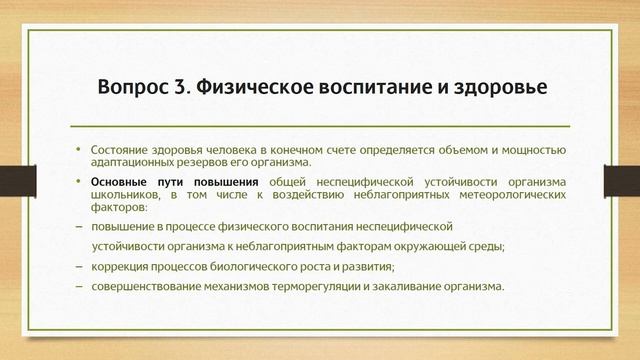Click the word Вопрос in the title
pyautogui.click(x=133, y=87)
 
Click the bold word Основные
pyautogui.click(x=119, y=181)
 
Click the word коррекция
pyautogui.click(x=120, y=266)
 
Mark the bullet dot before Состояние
pyautogui.click(x=79, y=148)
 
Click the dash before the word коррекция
pyautogui.click(x=79, y=266)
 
